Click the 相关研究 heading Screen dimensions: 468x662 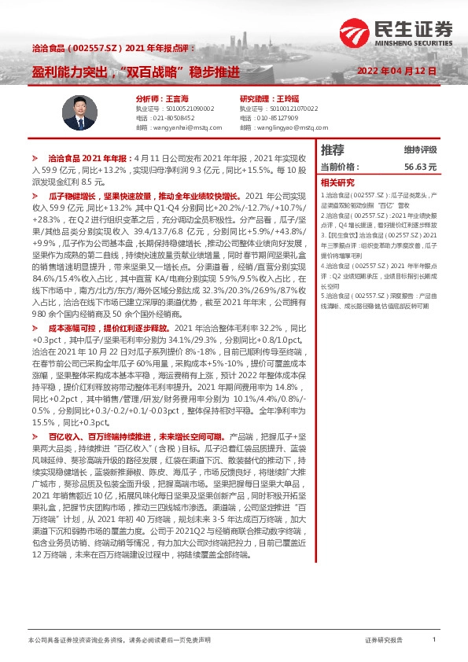[x=338, y=182]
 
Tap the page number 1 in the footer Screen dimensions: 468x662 [x=434, y=640]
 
